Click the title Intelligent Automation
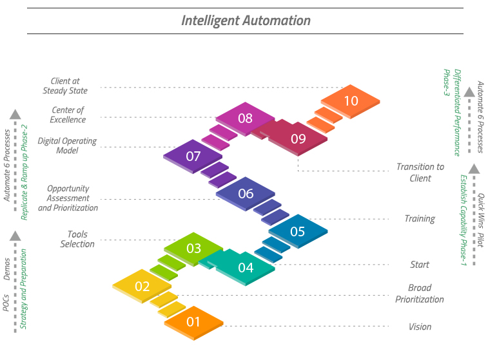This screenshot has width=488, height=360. click(x=246, y=21)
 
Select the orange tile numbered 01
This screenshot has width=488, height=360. click(x=193, y=321)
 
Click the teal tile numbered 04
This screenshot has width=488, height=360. click(x=246, y=267)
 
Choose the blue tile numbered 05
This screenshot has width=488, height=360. click(x=297, y=231)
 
